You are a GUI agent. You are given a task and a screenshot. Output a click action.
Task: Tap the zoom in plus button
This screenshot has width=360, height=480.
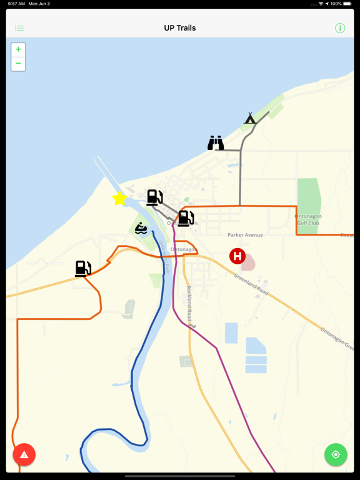[18, 49]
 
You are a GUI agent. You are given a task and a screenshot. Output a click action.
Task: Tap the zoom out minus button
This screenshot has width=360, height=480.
[18, 64]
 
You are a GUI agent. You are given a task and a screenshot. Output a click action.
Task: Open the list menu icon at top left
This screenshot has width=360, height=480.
[19, 28]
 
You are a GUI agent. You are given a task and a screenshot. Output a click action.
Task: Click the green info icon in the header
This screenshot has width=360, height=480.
[340, 28]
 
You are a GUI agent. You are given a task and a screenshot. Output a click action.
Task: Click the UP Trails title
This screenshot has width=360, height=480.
[180, 28]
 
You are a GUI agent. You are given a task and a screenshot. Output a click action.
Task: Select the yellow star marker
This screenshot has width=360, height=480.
[119, 199]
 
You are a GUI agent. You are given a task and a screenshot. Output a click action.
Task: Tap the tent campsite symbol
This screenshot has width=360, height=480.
[250, 118]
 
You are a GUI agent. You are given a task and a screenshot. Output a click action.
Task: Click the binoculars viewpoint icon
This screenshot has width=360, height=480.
[216, 143]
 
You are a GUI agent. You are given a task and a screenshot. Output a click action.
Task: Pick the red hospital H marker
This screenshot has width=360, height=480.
[237, 256]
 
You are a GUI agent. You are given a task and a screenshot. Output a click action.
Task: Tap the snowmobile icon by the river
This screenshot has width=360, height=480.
[141, 228]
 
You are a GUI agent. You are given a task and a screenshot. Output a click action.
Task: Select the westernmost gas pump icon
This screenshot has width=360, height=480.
[82, 268]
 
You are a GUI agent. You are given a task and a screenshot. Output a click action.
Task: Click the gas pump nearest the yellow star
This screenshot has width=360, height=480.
[154, 197]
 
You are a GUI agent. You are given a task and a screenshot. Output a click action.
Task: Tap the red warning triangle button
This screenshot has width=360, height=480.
[24, 454]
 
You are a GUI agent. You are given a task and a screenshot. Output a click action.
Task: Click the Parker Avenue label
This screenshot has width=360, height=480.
[245, 235]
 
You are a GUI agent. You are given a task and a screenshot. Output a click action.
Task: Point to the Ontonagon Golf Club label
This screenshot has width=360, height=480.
[307, 219]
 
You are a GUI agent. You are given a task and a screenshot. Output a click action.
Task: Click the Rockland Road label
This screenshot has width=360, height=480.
[190, 306]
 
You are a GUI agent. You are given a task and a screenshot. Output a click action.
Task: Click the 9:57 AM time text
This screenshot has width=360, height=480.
[17, 4]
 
